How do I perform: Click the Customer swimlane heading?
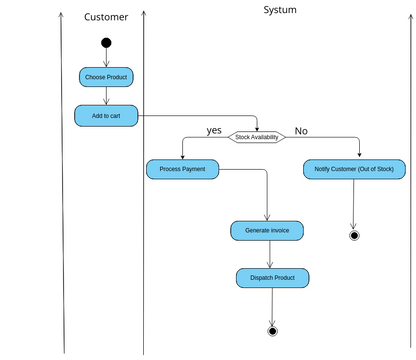(x=105, y=17)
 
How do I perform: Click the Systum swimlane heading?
(x=279, y=10)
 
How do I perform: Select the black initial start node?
(x=106, y=43)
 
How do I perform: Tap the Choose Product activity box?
(x=105, y=77)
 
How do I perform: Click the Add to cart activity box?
(x=106, y=116)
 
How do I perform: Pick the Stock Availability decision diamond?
(x=257, y=137)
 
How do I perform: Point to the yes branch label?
(x=214, y=130)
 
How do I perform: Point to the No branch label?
(x=301, y=131)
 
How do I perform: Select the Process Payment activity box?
(x=182, y=169)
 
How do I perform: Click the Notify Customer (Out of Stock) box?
(x=353, y=169)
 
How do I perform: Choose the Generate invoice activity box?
(x=267, y=230)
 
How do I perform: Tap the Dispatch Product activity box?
(x=272, y=277)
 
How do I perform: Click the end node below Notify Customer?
(x=353, y=236)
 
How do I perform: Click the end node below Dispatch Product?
(x=272, y=330)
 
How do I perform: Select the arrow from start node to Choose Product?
(x=106, y=58)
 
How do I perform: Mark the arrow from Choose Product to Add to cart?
(x=106, y=96)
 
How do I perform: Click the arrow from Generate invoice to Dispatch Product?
(x=268, y=254)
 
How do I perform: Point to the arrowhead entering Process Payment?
(x=182, y=156)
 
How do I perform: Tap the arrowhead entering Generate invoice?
(x=267, y=217)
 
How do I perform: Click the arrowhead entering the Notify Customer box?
(x=359, y=156)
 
